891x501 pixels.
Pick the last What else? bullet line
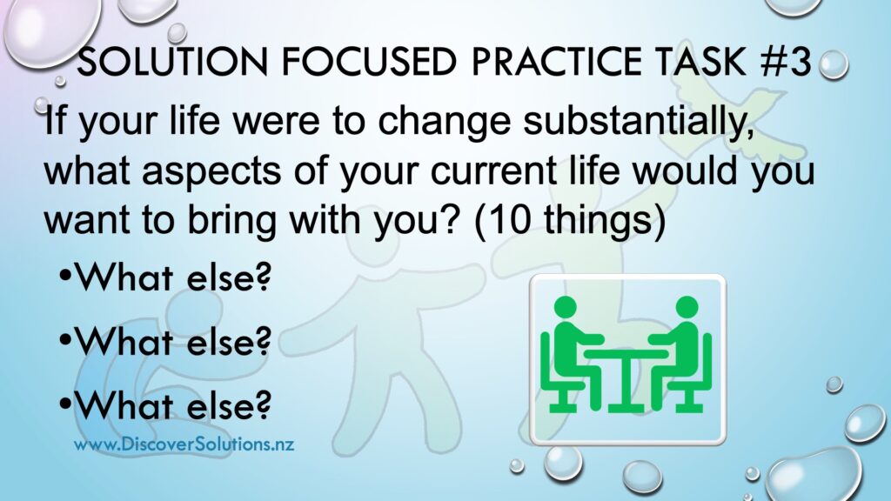click(165, 404)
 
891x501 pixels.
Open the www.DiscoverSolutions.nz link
click(184, 444)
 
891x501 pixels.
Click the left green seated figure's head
click(566, 307)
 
